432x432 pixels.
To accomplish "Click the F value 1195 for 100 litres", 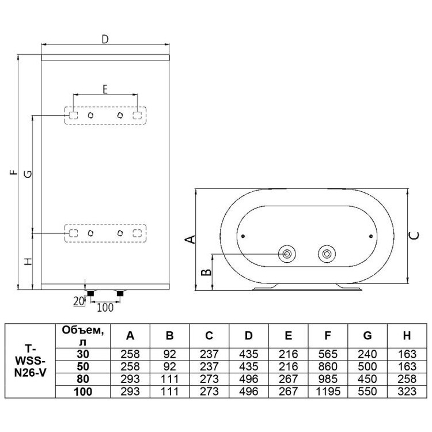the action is coord(328,392).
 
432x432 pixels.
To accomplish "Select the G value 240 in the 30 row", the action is coord(367,354).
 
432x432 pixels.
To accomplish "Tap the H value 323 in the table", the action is coord(407,392).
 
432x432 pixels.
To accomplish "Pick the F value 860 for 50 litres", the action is coord(328,366).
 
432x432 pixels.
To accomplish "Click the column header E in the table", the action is coord(288,336).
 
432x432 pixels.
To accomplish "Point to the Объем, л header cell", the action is coord(83,336).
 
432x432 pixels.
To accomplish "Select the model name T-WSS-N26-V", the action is coord(30,361).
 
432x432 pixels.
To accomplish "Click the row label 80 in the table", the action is coord(83,379).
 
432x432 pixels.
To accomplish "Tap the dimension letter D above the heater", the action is coord(105,39).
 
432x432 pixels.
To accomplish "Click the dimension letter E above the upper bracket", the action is coord(105,89).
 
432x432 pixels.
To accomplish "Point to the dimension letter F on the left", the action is coord(13,172).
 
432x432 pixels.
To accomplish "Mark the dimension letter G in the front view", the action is coord(28,174).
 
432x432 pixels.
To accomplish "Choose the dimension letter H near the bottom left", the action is coord(28,262).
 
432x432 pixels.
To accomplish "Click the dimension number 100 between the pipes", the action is coord(105,308).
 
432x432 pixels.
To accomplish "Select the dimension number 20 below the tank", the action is coord(78,301).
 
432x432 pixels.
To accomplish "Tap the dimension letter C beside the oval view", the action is coord(414,236).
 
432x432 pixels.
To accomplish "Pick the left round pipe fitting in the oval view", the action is coord(287,253).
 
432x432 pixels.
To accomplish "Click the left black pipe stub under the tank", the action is coord(90,293).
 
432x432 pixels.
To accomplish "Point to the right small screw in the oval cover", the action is coord(371,236).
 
